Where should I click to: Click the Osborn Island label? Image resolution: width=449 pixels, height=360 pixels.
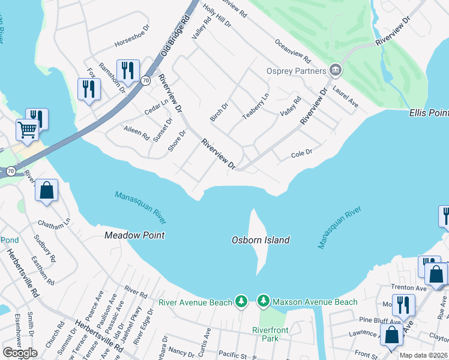coord(261,240)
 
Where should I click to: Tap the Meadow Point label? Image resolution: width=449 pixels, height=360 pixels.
coord(134,235)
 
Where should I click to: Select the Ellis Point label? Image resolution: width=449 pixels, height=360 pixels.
coord(429,113)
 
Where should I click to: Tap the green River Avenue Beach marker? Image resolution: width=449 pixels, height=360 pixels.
coord(241,299)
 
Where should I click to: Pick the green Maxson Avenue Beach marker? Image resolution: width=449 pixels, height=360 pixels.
coord(263,299)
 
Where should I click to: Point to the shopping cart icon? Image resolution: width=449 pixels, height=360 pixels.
coord(26,130)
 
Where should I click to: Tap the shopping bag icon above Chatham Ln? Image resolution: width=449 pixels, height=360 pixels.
coord(46,191)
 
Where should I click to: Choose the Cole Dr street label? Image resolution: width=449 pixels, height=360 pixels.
coord(301,152)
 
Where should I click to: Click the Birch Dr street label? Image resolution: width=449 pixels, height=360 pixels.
coord(220,112)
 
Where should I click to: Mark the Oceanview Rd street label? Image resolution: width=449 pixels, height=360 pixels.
coord(292,52)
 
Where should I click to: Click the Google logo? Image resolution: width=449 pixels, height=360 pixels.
coord(20,353)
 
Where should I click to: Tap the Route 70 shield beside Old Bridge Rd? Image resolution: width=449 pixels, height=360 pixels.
coord(146,80)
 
